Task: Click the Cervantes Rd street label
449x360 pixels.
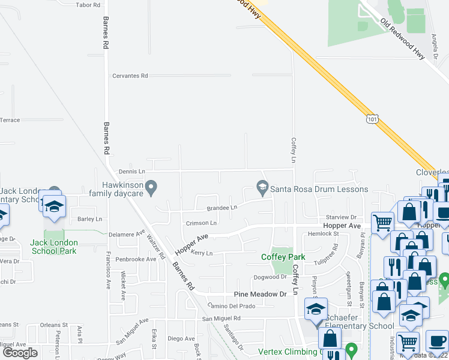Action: point(130,76)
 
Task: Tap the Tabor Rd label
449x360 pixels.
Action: point(88,5)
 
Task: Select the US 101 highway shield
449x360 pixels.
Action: point(373,119)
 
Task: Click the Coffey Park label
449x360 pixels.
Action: point(283,257)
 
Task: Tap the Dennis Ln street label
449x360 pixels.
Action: point(132,172)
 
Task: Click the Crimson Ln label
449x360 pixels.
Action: point(201,223)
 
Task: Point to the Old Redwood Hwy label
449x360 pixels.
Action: point(402,38)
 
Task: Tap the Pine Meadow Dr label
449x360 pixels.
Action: point(260,295)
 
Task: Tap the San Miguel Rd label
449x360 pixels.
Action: point(221,318)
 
